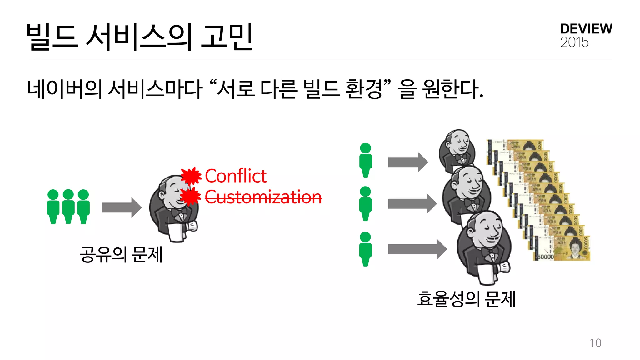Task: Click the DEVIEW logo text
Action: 586,29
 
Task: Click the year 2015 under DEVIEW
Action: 574,42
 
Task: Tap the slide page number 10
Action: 595,343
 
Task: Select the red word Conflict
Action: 236,176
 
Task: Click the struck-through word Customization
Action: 263,197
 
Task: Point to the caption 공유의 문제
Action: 121,254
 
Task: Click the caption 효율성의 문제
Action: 466,299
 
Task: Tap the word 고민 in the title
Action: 227,37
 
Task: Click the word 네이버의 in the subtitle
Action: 65,89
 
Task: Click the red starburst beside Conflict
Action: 191,176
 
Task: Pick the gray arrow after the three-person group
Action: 121,207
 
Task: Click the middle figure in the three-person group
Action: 68,207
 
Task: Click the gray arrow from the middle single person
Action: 412,204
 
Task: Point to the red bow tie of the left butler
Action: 179,212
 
